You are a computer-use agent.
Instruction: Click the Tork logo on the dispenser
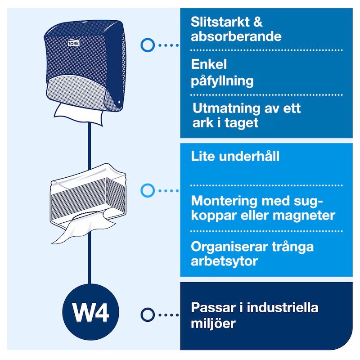(x=73, y=43)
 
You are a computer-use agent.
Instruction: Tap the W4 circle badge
(x=91, y=312)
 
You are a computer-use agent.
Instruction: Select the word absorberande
(x=236, y=36)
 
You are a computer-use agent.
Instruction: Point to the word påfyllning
(x=222, y=81)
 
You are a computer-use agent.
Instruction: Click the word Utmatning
(x=226, y=108)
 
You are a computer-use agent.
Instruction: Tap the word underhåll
(x=249, y=156)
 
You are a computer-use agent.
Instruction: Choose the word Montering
(x=224, y=201)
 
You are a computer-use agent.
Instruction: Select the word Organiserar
(x=229, y=247)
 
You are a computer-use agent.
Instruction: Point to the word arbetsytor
(x=224, y=261)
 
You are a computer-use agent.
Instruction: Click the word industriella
(x=283, y=308)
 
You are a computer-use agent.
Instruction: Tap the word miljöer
(x=213, y=323)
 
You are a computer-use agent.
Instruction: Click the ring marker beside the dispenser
(x=148, y=45)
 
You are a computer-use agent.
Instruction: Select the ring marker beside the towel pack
(x=148, y=190)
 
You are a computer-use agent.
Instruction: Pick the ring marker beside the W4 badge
(x=148, y=315)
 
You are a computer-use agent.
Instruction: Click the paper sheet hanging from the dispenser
(x=78, y=114)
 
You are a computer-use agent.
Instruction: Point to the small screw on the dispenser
(x=119, y=102)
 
